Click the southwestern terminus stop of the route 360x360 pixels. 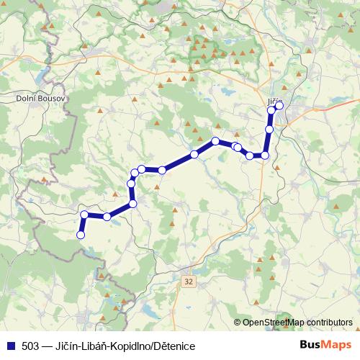81,235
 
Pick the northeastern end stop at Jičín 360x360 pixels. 279,106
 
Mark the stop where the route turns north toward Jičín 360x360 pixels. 265,155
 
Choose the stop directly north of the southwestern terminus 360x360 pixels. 84,215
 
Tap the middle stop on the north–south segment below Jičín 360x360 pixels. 269,130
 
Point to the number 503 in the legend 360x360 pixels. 30,346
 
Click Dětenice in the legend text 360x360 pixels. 172,346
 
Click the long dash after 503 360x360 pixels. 47,346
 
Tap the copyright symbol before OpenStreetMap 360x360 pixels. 237,323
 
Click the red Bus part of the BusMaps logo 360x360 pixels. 311,346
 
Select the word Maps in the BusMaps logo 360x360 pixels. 337,346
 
